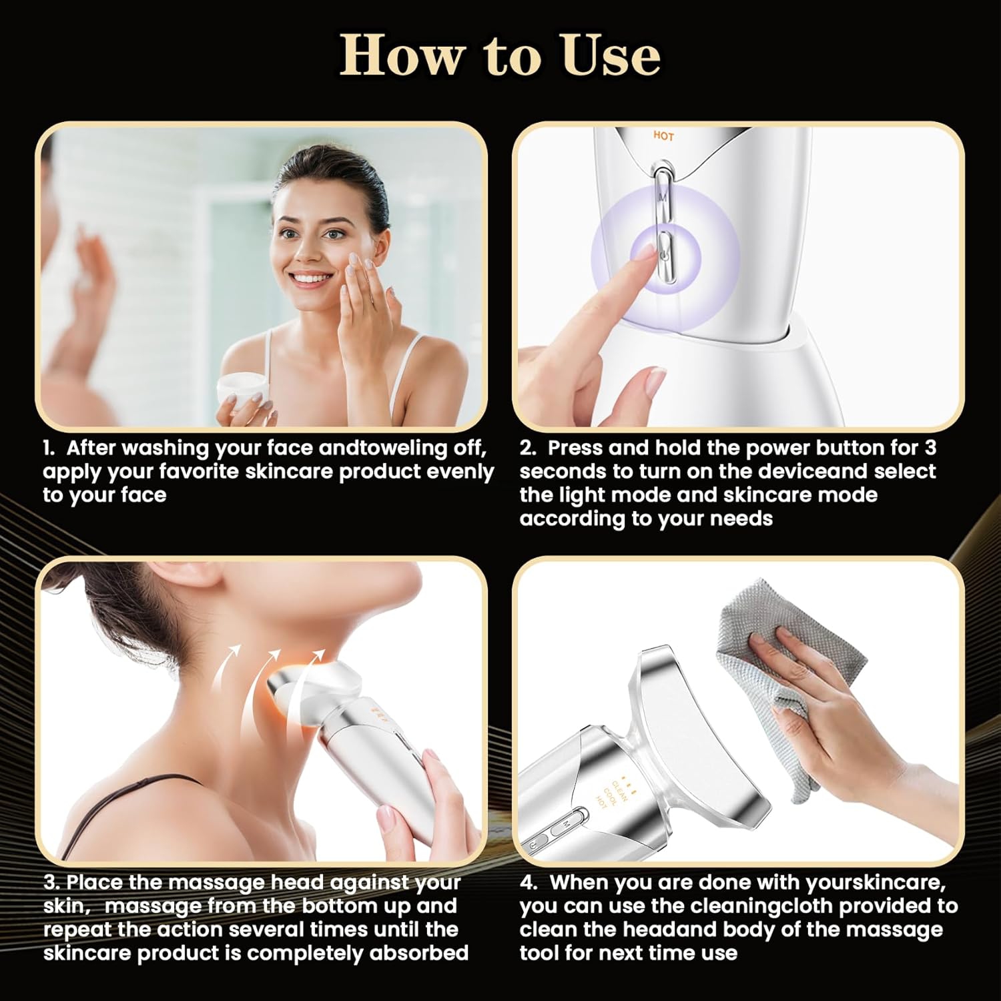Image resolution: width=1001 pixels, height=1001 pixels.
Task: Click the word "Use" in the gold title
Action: (x=610, y=56)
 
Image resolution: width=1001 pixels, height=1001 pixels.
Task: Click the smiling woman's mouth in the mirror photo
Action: (x=312, y=279)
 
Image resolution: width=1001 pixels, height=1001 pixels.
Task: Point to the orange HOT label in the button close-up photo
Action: (x=663, y=136)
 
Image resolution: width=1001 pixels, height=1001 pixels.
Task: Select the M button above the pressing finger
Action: (x=662, y=197)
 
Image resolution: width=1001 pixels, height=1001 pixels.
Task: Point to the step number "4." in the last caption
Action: (x=529, y=883)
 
